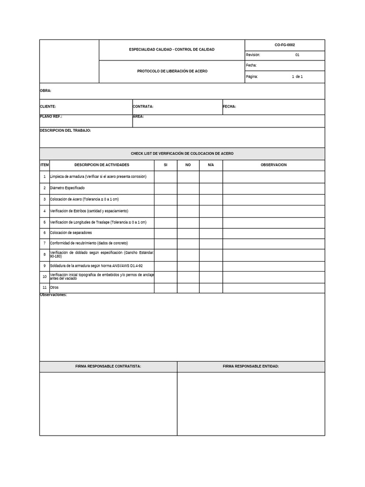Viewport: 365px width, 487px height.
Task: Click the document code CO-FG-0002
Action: click(284, 45)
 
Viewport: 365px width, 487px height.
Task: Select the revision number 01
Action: click(297, 55)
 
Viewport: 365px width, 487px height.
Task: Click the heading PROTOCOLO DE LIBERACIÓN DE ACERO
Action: click(172, 71)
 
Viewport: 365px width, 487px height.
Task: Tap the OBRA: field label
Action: click(46, 90)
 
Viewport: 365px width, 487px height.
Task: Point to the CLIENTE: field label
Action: click(48, 107)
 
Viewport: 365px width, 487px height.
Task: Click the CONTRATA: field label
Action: click(143, 107)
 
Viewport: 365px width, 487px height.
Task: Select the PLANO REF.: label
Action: click(51, 117)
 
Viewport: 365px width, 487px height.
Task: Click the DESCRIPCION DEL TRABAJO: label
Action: click(65, 130)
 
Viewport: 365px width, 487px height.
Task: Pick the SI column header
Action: click(165, 165)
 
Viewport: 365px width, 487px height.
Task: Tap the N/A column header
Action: click(211, 165)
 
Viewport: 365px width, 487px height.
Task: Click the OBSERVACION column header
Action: click(273, 165)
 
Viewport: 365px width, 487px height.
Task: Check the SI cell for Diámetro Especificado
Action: click(165, 188)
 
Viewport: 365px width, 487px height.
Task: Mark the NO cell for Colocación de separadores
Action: click(188, 233)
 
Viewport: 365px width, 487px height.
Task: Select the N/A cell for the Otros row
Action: click(211, 288)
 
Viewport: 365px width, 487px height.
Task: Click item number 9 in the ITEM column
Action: click(45, 266)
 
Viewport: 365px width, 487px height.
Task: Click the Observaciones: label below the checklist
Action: click(53, 295)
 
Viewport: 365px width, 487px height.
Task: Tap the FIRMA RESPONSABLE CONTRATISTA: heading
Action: click(108, 367)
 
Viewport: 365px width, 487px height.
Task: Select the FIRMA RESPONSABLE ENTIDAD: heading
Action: click(250, 367)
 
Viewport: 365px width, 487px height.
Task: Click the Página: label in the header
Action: click(252, 77)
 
